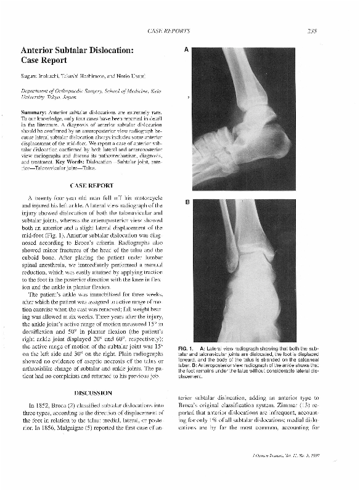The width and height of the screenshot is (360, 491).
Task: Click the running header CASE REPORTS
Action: click(x=169, y=30)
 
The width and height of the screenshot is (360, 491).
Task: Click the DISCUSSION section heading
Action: click(x=92, y=392)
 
